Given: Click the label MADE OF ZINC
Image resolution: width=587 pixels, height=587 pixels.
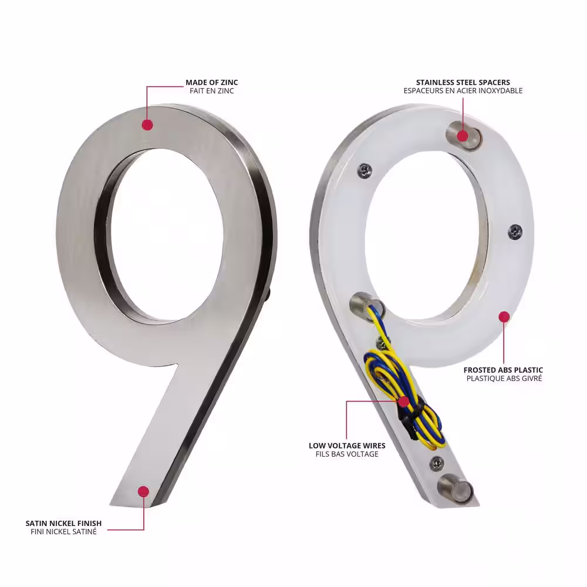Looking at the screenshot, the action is point(212,82).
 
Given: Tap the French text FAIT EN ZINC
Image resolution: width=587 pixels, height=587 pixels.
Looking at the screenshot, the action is point(212,91).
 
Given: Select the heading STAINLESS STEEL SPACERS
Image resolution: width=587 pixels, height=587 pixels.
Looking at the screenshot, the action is point(463,82).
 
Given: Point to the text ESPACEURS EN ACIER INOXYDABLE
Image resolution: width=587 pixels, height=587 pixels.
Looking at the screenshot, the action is point(463,91).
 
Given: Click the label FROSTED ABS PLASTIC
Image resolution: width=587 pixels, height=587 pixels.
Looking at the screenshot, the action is point(503,370).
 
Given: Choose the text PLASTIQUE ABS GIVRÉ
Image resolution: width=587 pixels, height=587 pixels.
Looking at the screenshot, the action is point(504,379).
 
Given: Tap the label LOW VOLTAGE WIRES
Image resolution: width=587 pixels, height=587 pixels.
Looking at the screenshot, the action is point(347,446).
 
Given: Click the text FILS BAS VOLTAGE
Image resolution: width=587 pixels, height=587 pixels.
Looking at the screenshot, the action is point(347,454).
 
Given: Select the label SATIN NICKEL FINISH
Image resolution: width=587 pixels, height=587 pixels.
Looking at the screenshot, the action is point(63,523).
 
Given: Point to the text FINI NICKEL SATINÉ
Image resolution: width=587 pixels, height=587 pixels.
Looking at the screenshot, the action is point(63,532).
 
